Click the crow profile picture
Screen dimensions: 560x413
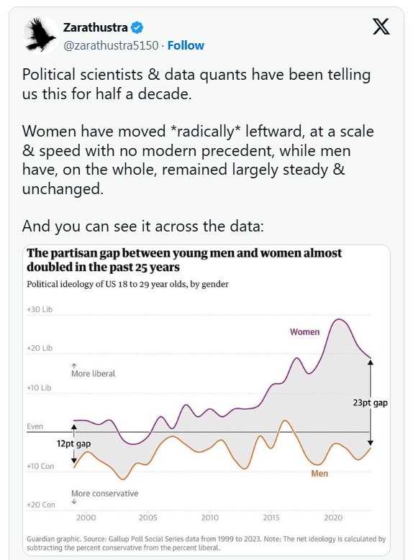[41, 35]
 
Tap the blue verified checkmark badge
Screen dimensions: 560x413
[137, 28]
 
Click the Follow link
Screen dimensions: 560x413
[186, 45]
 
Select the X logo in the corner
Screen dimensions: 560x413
[381, 27]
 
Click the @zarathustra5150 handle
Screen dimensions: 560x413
[111, 45]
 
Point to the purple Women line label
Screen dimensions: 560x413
[304, 332]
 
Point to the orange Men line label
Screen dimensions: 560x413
[319, 474]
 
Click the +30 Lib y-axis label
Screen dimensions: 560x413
[40, 310]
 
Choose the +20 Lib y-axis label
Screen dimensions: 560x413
[40, 348]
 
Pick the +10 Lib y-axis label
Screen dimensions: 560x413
[40, 388]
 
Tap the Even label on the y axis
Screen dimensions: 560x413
[35, 426]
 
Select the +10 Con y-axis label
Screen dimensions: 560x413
[41, 467]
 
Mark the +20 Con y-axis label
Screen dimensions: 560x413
[41, 505]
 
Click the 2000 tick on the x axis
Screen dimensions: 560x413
[86, 518]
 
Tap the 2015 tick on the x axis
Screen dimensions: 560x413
[271, 518]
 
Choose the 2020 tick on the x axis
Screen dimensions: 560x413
[333, 518]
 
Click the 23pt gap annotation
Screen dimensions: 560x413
[370, 403]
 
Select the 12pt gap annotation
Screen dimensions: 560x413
[74, 444]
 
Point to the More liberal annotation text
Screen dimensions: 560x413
[94, 374]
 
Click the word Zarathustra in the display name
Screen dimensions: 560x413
[96, 28]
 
